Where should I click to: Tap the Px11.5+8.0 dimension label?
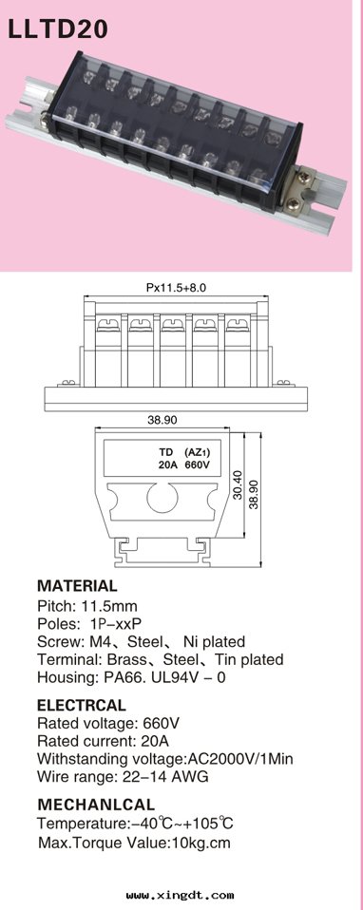coord(176,287)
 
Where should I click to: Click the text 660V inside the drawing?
coord(198,464)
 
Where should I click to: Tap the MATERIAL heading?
coord(77,585)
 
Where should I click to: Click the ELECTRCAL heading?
coord(82,705)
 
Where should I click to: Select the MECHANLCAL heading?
coord(96,805)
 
